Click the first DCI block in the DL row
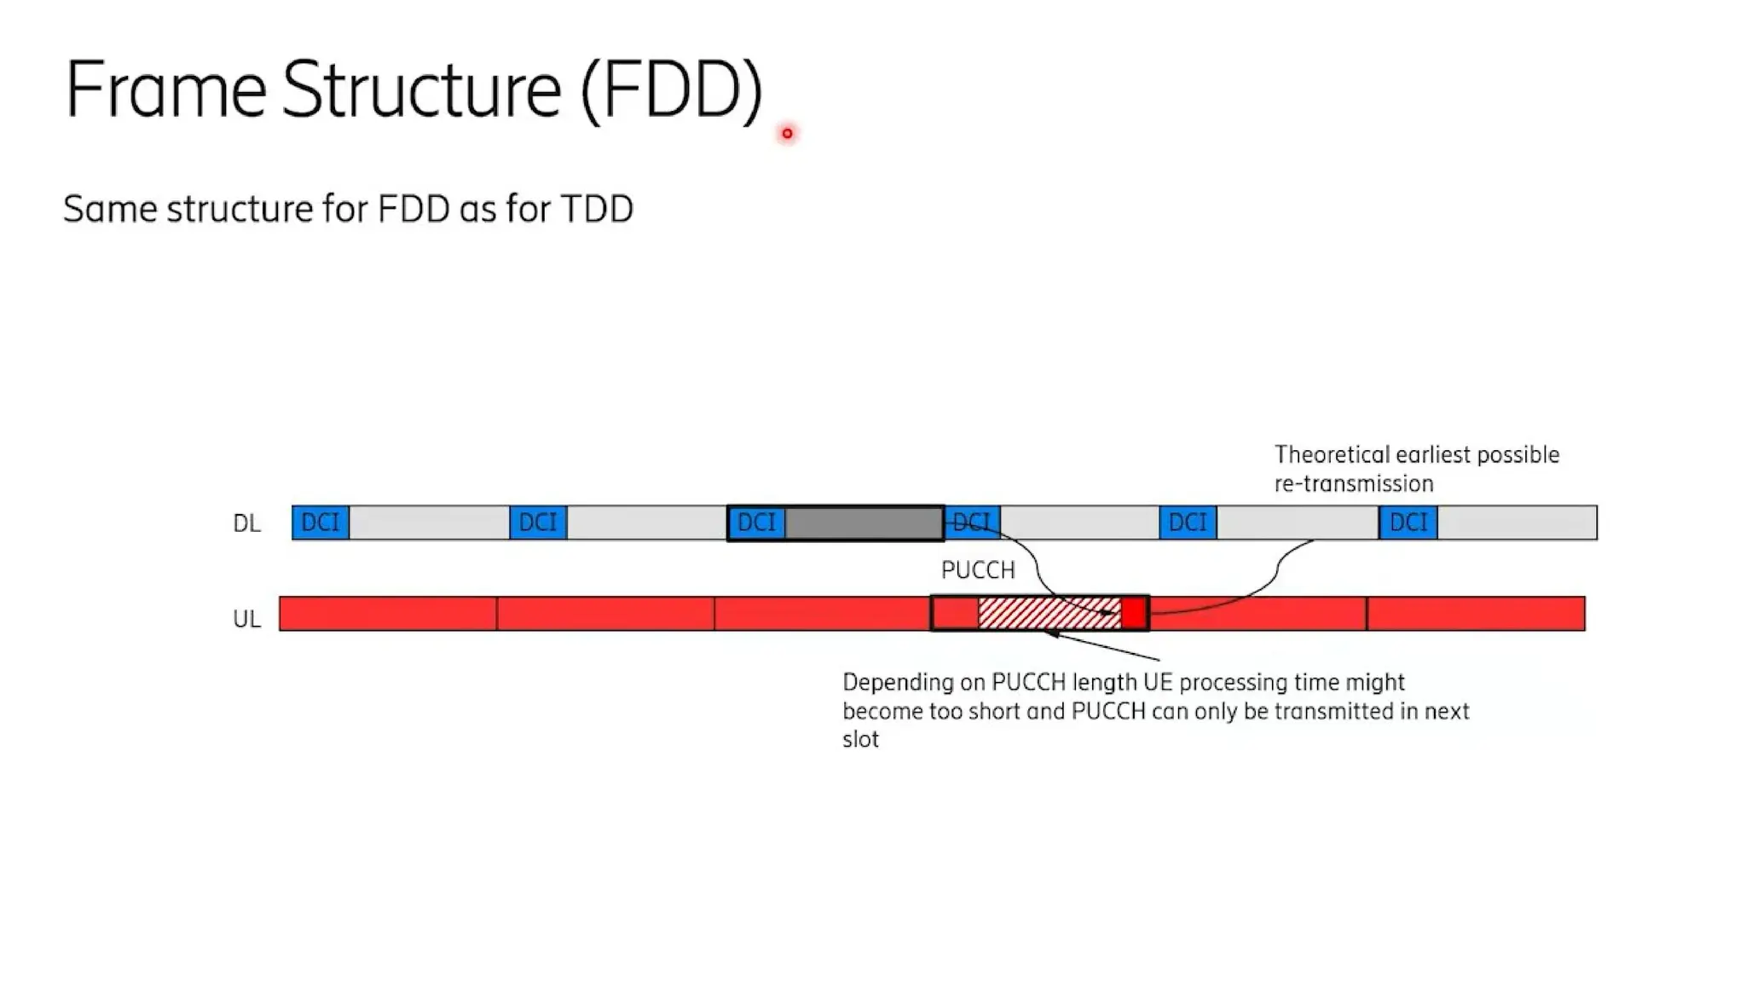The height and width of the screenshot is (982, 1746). tap(320, 522)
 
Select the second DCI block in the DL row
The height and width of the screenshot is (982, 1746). tap(538, 522)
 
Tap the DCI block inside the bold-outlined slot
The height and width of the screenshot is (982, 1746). tap(756, 522)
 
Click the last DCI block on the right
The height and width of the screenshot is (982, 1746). tap(1408, 522)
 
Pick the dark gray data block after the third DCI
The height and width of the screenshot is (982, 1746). tap(864, 523)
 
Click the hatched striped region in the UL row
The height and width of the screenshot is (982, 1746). tap(1049, 613)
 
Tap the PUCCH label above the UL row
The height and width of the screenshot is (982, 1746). tap(978, 570)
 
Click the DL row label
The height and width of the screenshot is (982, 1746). tap(246, 523)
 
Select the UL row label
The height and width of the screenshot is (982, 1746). tap(246, 619)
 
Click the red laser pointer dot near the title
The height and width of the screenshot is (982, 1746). tap(787, 133)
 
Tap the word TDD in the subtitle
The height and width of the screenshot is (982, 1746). tap(597, 209)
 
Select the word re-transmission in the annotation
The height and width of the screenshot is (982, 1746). tap(1354, 484)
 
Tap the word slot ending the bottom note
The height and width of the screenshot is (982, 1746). tap(860, 739)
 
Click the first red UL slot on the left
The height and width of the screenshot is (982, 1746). tap(388, 614)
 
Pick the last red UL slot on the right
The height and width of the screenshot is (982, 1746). tap(1476, 614)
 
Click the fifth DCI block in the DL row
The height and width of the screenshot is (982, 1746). tap(1188, 522)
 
